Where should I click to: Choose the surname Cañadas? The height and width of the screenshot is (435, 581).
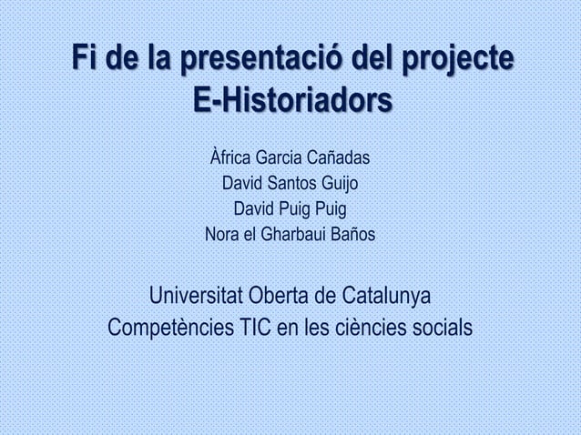coord(335,160)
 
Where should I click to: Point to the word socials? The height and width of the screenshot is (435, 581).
coord(442,327)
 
